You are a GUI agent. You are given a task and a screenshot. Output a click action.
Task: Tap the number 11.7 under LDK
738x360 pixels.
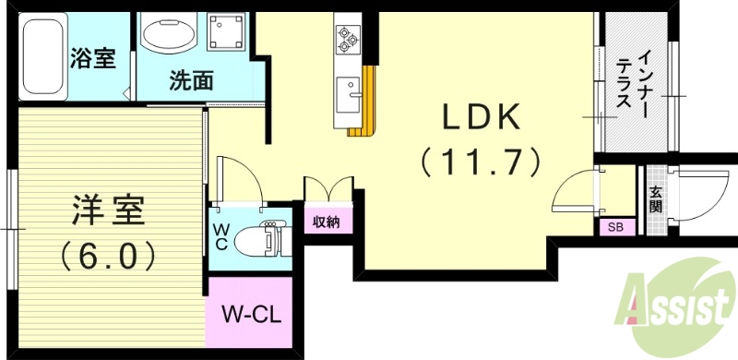point(481,163)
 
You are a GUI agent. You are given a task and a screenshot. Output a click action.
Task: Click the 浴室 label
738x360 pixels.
point(92,57)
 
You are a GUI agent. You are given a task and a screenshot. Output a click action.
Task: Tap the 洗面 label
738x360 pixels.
point(192,80)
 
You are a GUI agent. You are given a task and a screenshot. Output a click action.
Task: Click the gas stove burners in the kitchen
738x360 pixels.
point(348,38)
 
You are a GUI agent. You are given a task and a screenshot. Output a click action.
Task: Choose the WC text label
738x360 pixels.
point(221,236)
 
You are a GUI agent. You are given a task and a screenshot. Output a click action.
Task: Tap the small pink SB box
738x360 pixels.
point(614,227)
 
